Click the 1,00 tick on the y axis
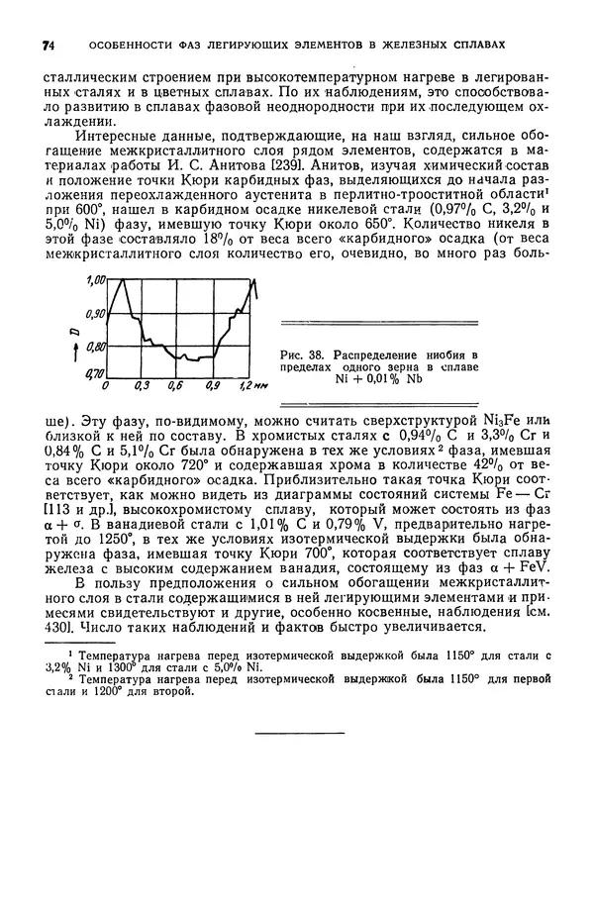coord(95,281)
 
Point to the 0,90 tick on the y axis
coord(95,313)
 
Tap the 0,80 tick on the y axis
coord(95,346)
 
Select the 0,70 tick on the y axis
coord(95,373)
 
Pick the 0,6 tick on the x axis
coord(176,386)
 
